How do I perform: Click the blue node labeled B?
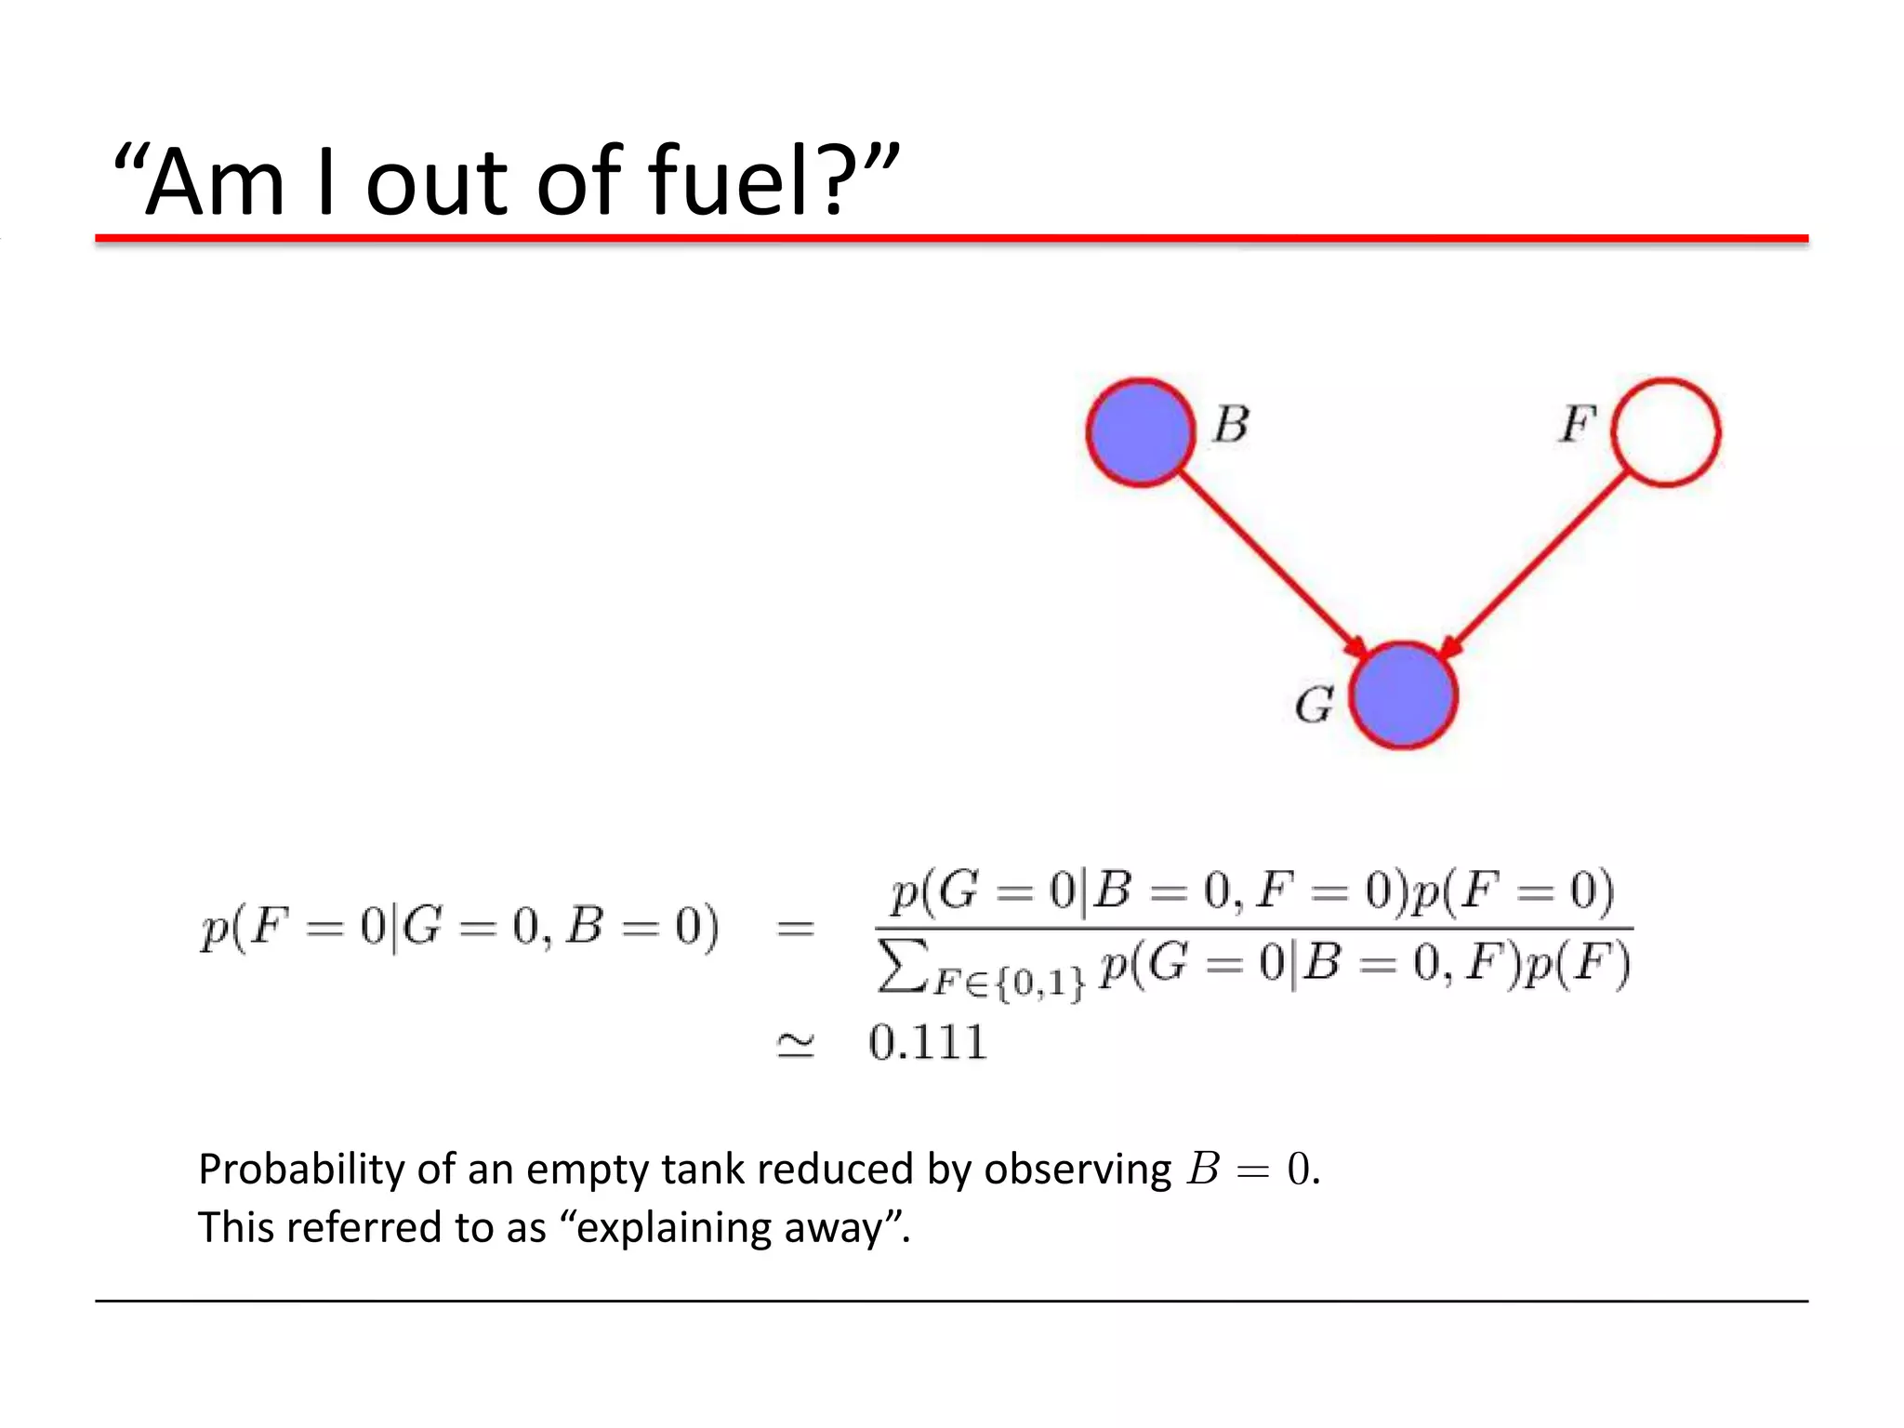[1140, 431]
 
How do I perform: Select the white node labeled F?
[1665, 431]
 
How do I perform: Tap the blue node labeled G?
[1403, 695]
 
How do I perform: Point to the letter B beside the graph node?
[1231, 424]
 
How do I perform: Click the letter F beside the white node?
[1578, 424]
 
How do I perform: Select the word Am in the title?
[215, 183]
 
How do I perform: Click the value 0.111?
[927, 1042]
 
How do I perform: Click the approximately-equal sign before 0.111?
[796, 1045]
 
